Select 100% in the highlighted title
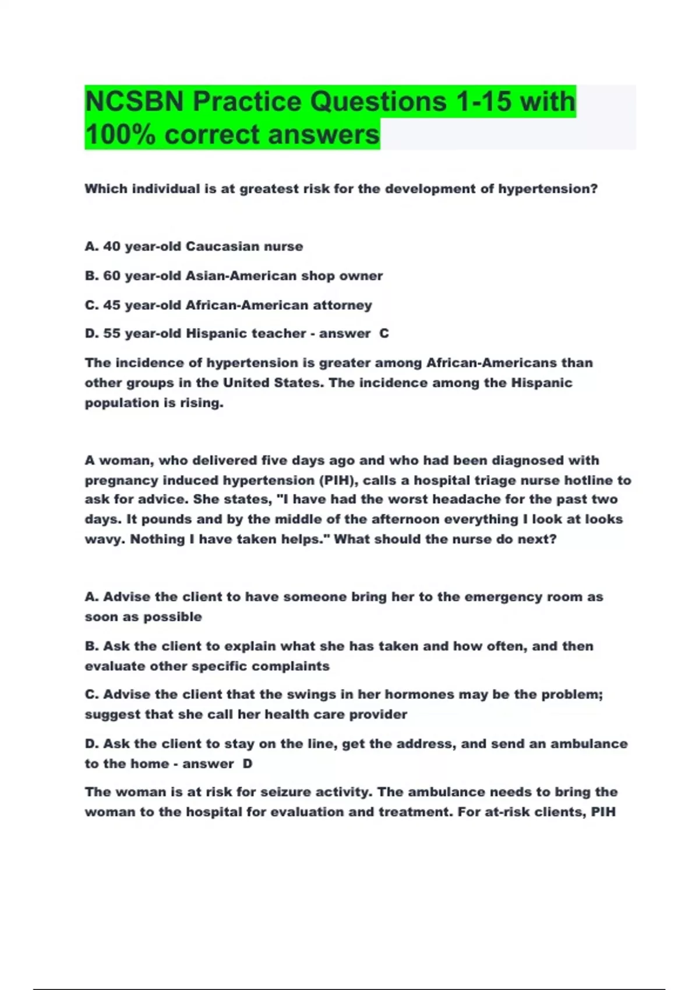coord(120,135)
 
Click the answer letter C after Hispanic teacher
coord(384,333)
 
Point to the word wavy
coord(103,539)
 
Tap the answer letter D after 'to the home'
coord(247,763)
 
